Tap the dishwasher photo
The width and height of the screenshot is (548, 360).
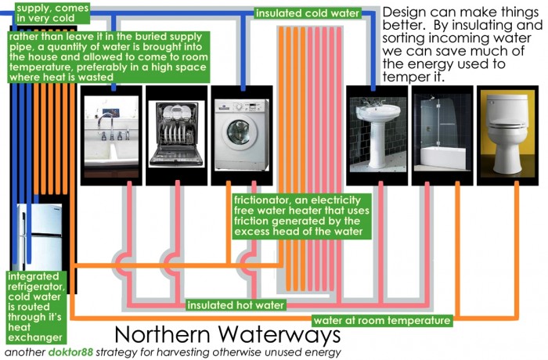(x=176, y=129)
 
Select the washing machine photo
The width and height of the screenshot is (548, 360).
(x=240, y=130)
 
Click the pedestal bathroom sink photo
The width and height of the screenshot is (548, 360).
(x=376, y=130)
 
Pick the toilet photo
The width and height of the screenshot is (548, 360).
(x=505, y=130)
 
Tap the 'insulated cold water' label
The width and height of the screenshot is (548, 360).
(x=307, y=13)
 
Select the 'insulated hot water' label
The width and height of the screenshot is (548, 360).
(x=236, y=304)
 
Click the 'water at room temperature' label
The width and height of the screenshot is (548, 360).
(x=382, y=320)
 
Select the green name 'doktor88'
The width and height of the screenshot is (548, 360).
(x=71, y=352)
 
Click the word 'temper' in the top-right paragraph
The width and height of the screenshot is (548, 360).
(x=406, y=78)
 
